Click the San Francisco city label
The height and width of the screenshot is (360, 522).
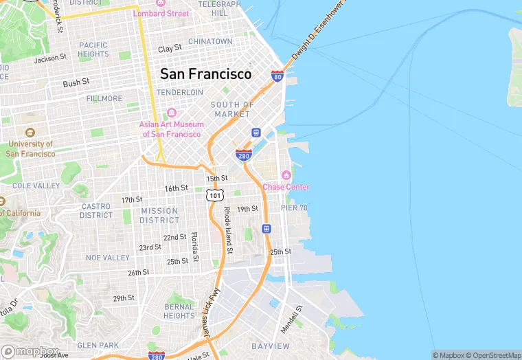pyautogui.click(x=205, y=74)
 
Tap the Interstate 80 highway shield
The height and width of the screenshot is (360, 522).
pyautogui.click(x=277, y=76)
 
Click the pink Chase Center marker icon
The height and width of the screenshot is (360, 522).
pyautogui.click(x=286, y=175)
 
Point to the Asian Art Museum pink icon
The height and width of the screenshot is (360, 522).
pyautogui.click(x=172, y=113)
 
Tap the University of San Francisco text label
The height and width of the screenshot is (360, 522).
pyautogui.click(x=30, y=149)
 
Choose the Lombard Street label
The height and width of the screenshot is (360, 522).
pyautogui.click(x=161, y=13)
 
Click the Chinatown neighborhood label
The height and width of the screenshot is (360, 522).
pyautogui.click(x=210, y=41)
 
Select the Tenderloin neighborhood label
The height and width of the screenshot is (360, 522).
pyautogui.click(x=180, y=92)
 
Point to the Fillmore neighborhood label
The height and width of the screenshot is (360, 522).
pyautogui.click(x=104, y=98)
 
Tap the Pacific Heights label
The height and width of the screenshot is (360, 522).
pyautogui.click(x=93, y=49)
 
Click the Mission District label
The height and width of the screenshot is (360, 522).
pyautogui.click(x=159, y=216)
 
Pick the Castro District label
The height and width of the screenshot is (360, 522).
pyautogui.click(x=96, y=210)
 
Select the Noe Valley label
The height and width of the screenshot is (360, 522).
pyautogui.click(x=108, y=258)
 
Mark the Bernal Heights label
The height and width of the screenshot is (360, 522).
pyautogui.click(x=179, y=311)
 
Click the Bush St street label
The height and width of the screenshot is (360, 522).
pyautogui.click(x=76, y=82)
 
